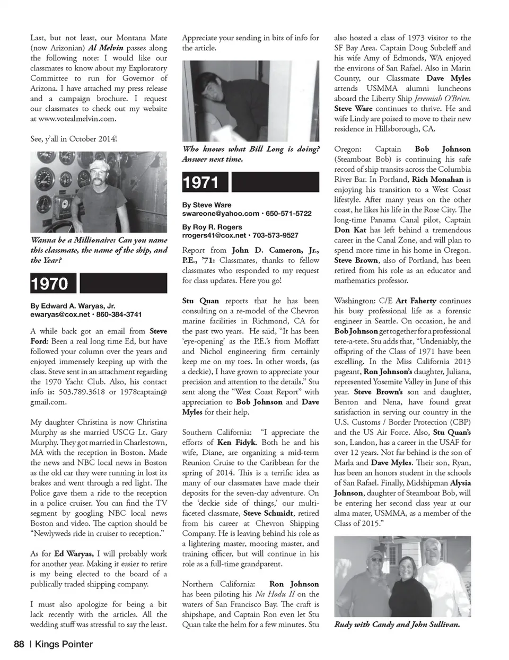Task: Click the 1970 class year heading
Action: [x=50, y=284]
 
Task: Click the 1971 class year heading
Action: [x=201, y=183]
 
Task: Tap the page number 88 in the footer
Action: [x=19, y=644]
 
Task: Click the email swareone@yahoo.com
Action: [x=221, y=213]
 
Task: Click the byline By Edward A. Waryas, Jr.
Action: [x=73, y=306]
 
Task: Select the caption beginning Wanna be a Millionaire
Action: [x=99, y=250]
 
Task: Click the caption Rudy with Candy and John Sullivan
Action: [x=397, y=624]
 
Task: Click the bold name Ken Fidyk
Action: [x=237, y=442]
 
